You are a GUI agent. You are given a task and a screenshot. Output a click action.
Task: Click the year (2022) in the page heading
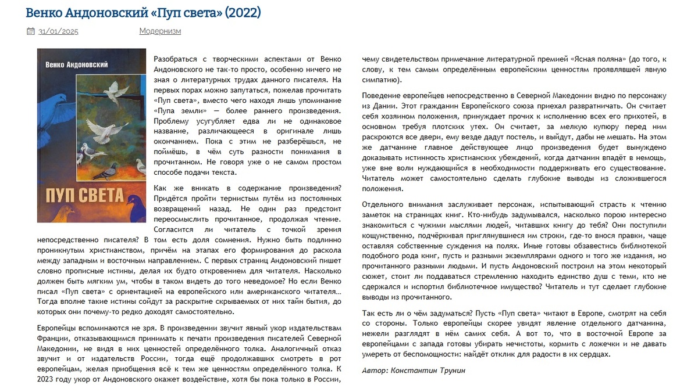click(x=242, y=12)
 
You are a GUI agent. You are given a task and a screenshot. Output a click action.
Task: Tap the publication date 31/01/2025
click(x=58, y=31)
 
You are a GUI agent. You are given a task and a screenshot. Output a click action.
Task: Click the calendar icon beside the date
click(x=31, y=31)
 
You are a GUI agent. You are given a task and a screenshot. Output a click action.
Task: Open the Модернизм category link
click(x=160, y=31)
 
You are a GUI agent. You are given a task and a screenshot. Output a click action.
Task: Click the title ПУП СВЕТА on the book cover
click(x=85, y=195)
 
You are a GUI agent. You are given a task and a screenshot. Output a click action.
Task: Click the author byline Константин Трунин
click(x=429, y=371)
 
